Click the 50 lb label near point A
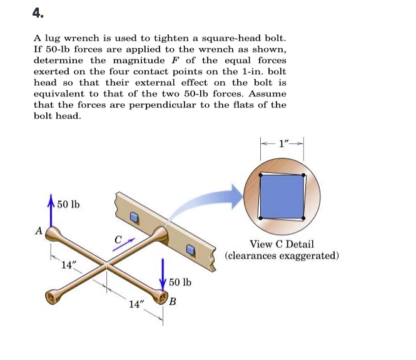tap(68, 205)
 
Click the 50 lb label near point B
tap(180, 282)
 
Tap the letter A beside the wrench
tap(39, 230)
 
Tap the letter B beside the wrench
tap(173, 302)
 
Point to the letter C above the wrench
tap(118, 239)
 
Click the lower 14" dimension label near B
tap(137, 304)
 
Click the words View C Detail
tap(282, 244)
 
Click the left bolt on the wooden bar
tap(134, 217)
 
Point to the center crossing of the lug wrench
tap(106, 267)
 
